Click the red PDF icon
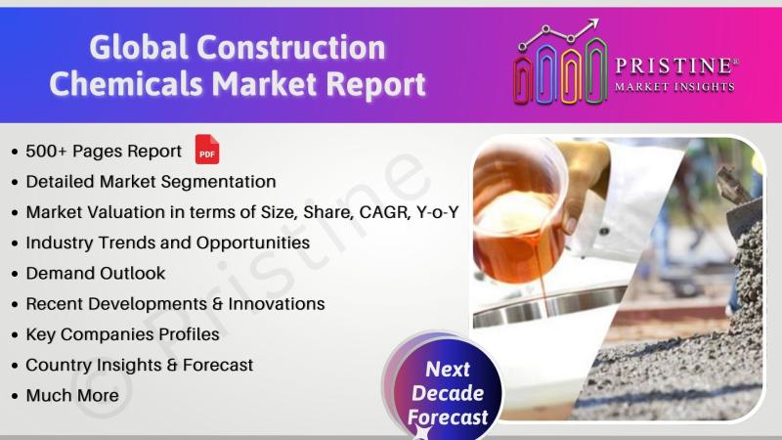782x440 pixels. [207, 150]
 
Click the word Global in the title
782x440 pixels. [139, 48]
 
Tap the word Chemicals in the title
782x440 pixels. [126, 83]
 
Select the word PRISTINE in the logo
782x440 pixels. [673, 66]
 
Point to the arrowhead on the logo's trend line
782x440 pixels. [592, 23]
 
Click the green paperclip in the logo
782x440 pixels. [596, 70]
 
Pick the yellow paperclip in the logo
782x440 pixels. [571, 76]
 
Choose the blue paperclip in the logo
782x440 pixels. [546, 73]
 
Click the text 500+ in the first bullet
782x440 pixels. [46, 152]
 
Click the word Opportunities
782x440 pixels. [253, 243]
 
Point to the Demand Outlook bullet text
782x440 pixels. [95, 274]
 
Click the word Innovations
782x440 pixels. [277, 304]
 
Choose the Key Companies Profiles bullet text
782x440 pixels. [123, 334]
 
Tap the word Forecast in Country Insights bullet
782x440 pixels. [218, 365]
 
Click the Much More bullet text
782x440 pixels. [72, 396]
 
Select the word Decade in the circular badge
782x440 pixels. [448, 393]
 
